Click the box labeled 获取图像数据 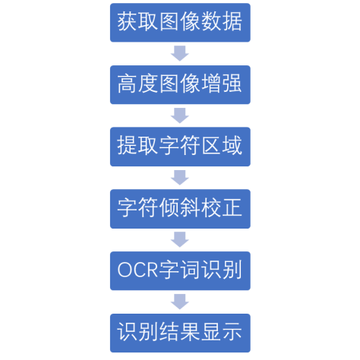click(180, 23)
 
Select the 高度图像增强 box click(180, 84)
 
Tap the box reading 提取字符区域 click(180, 147)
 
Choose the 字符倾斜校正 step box click(180, 209)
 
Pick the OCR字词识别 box click(180, 271)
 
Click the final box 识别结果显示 click(180, 333)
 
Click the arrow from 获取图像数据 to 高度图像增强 click(180, 53)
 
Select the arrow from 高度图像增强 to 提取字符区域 click(180, 115)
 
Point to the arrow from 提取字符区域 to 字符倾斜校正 click(180, 178)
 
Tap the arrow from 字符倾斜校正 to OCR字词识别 click(180, 239)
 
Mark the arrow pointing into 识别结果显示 click(180, 302)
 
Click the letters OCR click(137, 270)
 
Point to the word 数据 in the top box click(222, 22)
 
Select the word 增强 click(222, 84)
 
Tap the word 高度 click(138, 84)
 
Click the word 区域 click(222, 146)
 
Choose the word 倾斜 click(180, 208)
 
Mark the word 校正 click(222, 208)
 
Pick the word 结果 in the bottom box click(180, 332)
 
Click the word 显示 click(222, 332)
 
